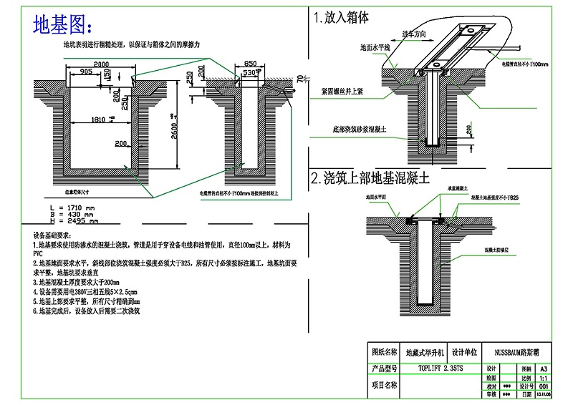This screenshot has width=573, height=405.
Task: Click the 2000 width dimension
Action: tap(100, 64)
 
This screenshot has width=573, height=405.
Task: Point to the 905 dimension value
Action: tap(86, 72)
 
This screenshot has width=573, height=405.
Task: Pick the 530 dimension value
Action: tap(250, 73)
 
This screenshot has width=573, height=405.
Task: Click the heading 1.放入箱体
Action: tap(340, 18)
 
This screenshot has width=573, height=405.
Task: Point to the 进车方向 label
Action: tap(415, 34)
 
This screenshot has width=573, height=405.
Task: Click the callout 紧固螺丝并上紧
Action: tap(343, 92)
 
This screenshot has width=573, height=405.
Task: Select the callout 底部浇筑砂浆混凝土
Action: tap(354, 131)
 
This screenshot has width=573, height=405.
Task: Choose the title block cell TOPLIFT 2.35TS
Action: tap(440, 368)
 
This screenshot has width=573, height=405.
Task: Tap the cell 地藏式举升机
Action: tap(425, 352)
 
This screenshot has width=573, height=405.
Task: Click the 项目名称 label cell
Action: tap(384, 384)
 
